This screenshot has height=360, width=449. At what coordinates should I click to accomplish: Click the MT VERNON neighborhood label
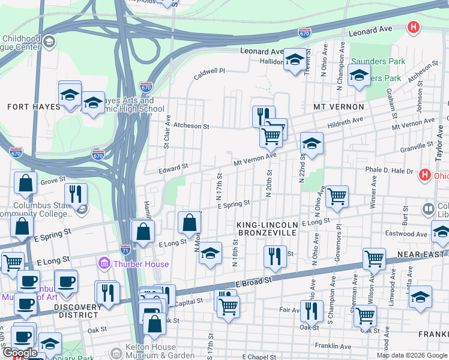pos(339,107)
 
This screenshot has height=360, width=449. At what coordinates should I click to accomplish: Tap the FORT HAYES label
pos(34,107)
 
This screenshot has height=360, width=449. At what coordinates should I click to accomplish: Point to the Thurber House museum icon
pos(104,263)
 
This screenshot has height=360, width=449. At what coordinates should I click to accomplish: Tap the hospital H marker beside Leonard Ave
pos(412,27)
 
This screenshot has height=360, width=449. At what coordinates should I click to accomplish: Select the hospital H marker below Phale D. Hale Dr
pos(425,175)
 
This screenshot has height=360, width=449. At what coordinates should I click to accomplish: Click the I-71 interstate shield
pos(125,248)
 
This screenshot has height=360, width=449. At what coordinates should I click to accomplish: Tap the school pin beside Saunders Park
pos(359,76)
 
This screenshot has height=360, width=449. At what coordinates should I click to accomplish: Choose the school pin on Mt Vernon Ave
pos(312,144)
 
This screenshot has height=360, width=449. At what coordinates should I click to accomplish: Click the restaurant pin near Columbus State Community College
pos(76,193)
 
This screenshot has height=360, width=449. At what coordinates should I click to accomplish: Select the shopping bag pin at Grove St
pos(26,184)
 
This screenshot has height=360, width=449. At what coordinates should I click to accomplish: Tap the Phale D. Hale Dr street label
pos(390,170)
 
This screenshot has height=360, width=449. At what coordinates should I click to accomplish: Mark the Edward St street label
pos(173,167)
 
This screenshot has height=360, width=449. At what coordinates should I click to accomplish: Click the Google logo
pos(20,353)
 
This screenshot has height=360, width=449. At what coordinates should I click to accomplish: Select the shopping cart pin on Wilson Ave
pos(373,259)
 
